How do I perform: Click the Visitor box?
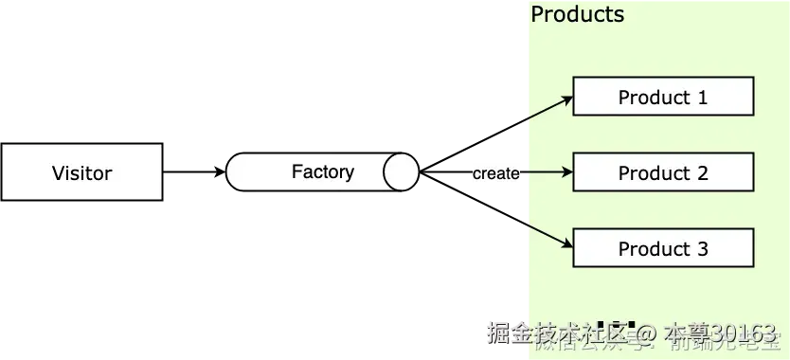[82, 172]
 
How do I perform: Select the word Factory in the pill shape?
[322, 171]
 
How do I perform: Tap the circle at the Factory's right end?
[401, 172]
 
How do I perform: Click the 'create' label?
[495, 173]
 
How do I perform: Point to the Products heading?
[577, 14]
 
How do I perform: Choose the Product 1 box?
[663, 97]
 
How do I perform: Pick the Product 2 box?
[663, 172]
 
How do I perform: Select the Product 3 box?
[663, 248]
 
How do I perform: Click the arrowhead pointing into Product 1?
[567, 98]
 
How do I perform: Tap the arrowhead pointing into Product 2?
[567, 172]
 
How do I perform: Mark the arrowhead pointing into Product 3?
[567, 245]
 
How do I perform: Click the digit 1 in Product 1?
[702, 97]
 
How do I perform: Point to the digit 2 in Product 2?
[702, 172]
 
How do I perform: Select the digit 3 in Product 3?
[702, 248]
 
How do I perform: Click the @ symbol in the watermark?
[645, 333]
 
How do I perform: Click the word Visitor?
[82, 172]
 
